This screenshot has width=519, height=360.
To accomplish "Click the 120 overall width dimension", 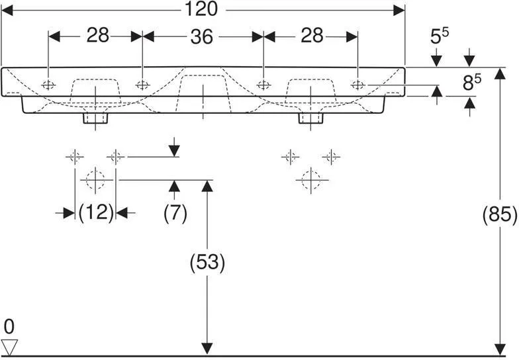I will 203,9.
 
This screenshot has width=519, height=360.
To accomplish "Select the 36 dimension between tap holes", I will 202,36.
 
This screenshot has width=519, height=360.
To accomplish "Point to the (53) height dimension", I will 208,263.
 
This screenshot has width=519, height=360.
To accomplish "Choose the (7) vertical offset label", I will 175,212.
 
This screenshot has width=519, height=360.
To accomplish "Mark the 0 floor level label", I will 9,326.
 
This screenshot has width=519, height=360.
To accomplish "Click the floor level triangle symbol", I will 9,346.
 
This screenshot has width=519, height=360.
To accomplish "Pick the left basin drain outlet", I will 95,118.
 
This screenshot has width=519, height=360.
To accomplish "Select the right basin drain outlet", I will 310,118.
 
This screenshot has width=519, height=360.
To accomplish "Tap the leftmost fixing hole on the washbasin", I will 48,85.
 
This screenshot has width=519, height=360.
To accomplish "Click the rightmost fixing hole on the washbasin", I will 357,85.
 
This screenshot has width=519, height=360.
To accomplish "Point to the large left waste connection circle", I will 95,179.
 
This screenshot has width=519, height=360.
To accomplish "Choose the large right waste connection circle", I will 310,179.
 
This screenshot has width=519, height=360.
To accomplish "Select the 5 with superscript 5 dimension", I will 439,37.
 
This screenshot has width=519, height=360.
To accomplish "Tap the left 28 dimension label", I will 97,36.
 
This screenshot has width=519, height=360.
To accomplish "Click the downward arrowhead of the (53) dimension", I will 208,348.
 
